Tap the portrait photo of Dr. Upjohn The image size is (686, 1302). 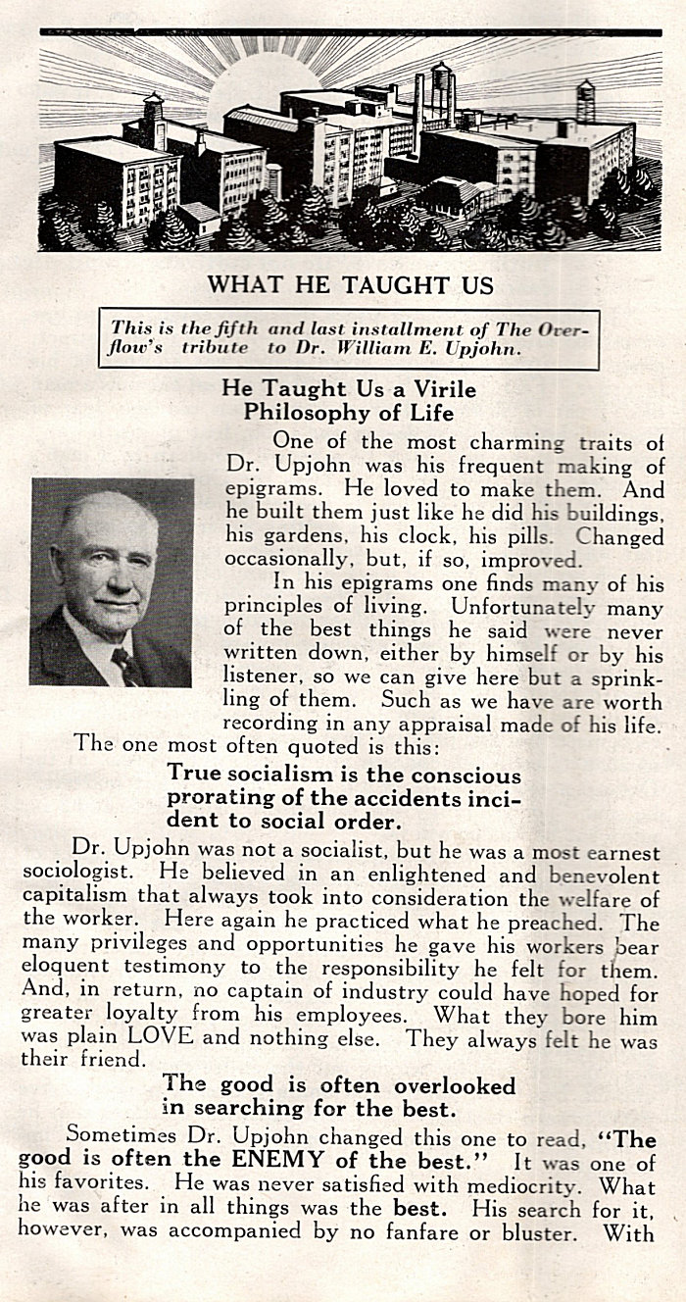pyautogui.click(x=111, y=581)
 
